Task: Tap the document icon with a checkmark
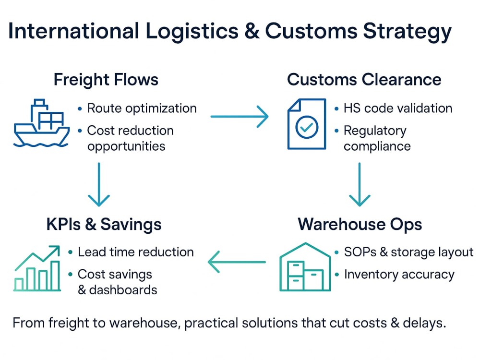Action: click(306, 124)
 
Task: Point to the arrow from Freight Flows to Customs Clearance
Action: click(240, 116)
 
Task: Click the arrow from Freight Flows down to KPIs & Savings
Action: click(98, 184)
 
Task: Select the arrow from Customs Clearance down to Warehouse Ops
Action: click(360, 184)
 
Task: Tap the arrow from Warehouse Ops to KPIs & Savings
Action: click(237, 262)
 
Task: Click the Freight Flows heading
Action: click(106, 80)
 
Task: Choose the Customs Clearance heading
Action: click(364, 80)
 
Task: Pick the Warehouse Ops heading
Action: click(360, 224)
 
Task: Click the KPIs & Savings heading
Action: click(104, 224)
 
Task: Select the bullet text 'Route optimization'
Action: click(142, 108)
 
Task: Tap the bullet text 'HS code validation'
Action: click(398, 108)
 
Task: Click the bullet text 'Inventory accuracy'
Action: click(399, 275)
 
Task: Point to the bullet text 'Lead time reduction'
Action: click(136, 252)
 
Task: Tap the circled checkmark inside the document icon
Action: click(307, 127)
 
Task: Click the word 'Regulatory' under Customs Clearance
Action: click(375, 132)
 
